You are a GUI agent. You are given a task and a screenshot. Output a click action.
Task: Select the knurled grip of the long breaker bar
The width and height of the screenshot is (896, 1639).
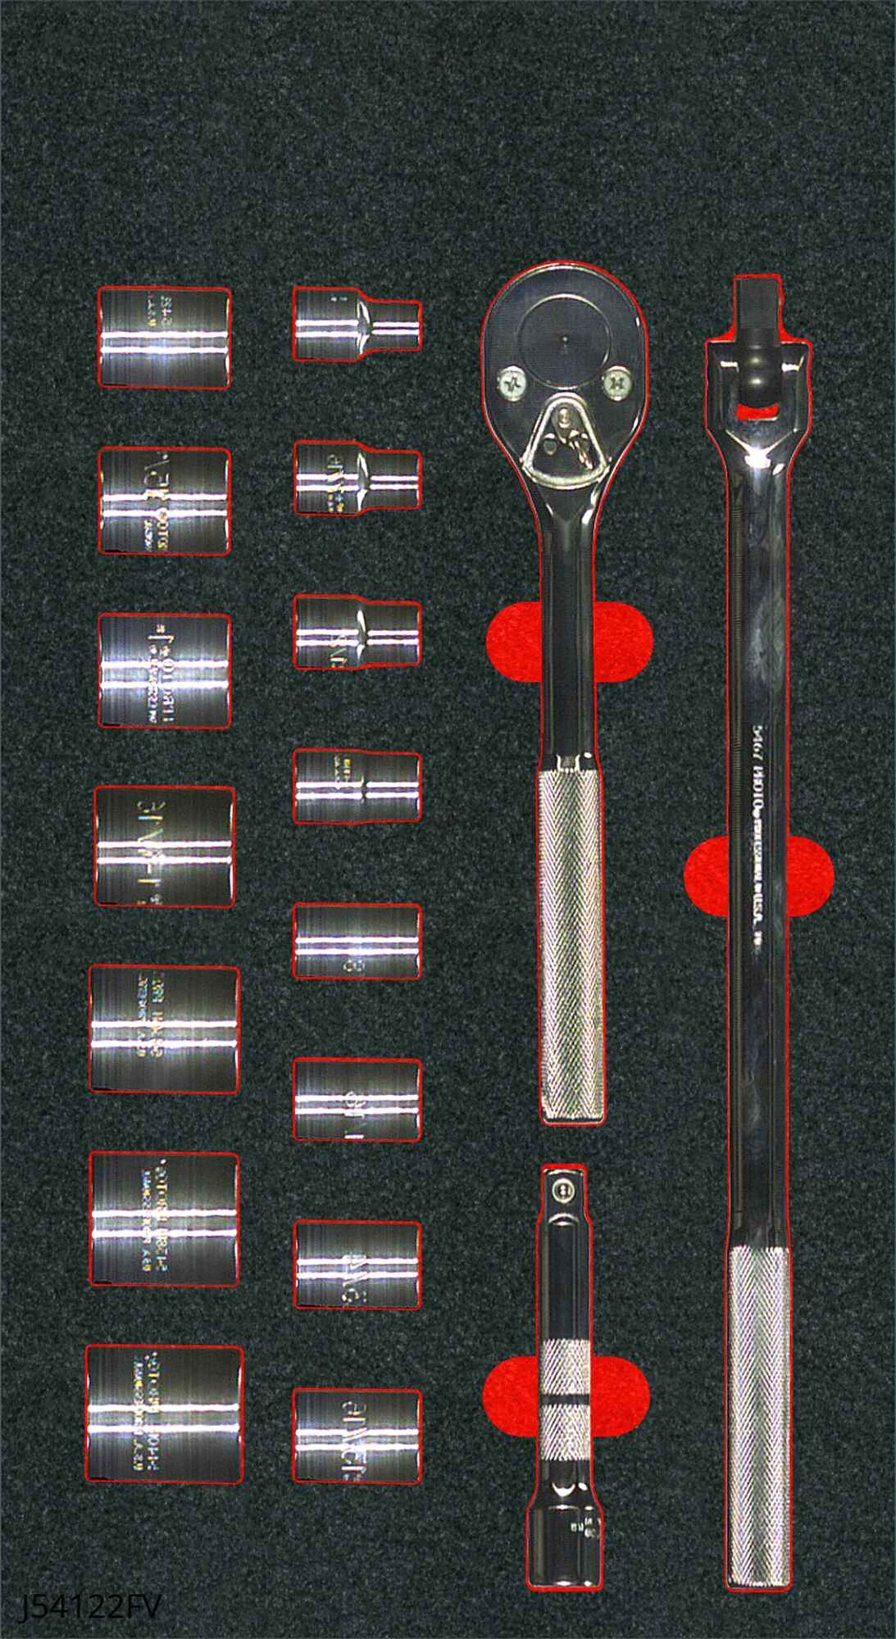(759, 1418)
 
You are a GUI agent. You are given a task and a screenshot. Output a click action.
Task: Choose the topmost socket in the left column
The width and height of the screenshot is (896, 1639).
(164, 337)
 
